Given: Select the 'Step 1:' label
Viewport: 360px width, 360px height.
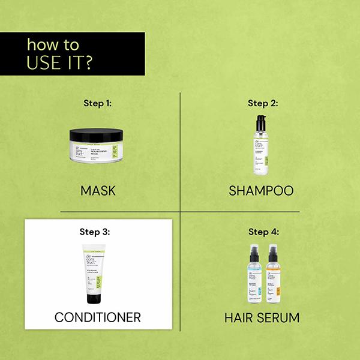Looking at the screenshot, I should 97,103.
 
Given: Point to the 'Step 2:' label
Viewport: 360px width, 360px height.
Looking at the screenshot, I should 262,103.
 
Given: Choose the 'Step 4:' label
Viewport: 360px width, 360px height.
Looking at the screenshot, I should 262,231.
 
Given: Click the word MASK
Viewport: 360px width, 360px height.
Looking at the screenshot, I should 97,191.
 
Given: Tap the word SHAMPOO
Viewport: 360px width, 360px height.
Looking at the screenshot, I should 261,191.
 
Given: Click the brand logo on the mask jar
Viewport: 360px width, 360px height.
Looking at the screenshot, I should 77,153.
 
